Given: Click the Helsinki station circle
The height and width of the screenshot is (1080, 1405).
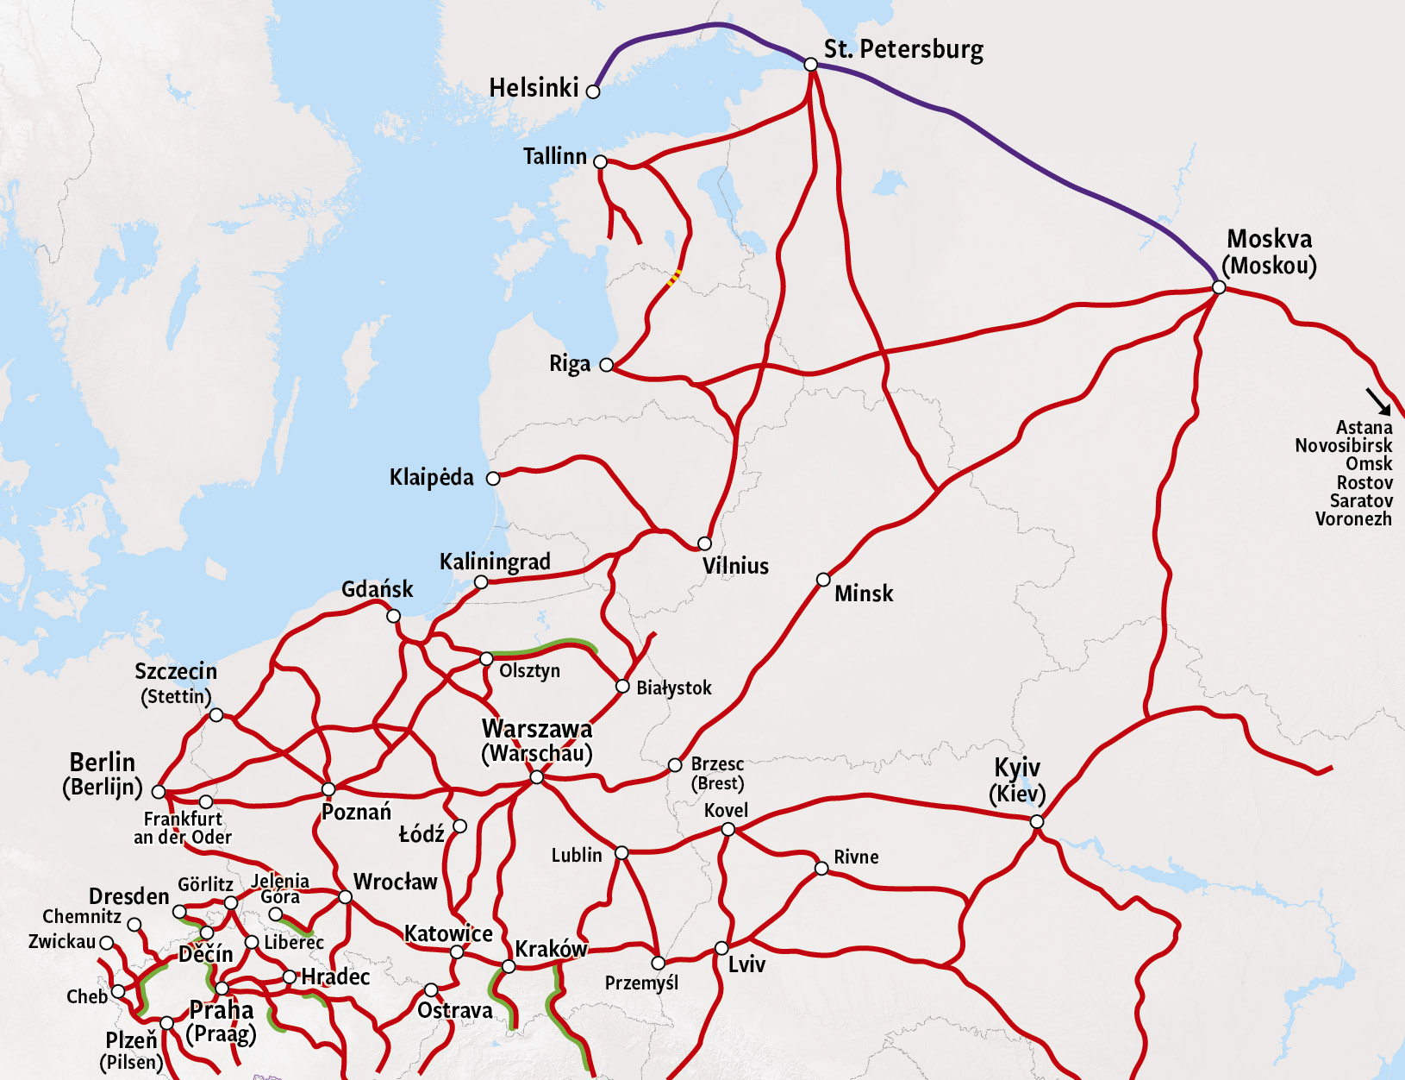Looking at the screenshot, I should (593, 91).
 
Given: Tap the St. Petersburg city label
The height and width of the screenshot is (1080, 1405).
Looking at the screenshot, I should (903, 50).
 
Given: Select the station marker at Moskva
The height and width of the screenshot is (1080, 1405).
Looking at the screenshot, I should (1219, 287).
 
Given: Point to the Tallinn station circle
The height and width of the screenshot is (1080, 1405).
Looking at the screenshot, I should (601, 162).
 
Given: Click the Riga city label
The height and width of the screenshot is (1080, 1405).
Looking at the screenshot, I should (570, 364).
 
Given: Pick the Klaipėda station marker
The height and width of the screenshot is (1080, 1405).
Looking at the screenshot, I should (493, 479).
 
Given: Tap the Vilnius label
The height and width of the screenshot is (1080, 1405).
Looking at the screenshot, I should (735, 566).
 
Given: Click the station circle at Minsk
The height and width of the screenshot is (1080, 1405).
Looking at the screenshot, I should (823, 580).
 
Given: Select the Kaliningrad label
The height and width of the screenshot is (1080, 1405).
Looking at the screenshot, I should (495, 562).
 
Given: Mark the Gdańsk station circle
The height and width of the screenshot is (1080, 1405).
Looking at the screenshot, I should (393, 616).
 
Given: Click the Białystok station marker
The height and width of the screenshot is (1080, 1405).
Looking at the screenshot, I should (622, 687).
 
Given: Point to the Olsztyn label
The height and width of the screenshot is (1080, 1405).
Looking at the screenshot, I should (529, 671).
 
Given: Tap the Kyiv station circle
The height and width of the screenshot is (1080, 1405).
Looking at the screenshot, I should (1037, 822).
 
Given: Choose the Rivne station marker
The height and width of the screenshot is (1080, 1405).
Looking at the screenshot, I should (821, 869).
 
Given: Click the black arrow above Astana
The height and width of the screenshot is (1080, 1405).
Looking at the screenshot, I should (1377, 401).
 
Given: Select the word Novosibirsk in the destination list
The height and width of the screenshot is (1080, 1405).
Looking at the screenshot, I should (1343, 446).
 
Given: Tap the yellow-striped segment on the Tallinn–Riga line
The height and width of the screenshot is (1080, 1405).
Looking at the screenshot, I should (675, 277).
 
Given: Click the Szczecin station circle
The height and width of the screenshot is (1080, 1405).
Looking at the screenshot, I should (216, 715).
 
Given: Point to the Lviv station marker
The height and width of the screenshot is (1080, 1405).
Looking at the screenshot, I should (721, 949).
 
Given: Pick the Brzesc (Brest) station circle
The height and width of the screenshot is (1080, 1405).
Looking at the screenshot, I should (675, 765).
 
